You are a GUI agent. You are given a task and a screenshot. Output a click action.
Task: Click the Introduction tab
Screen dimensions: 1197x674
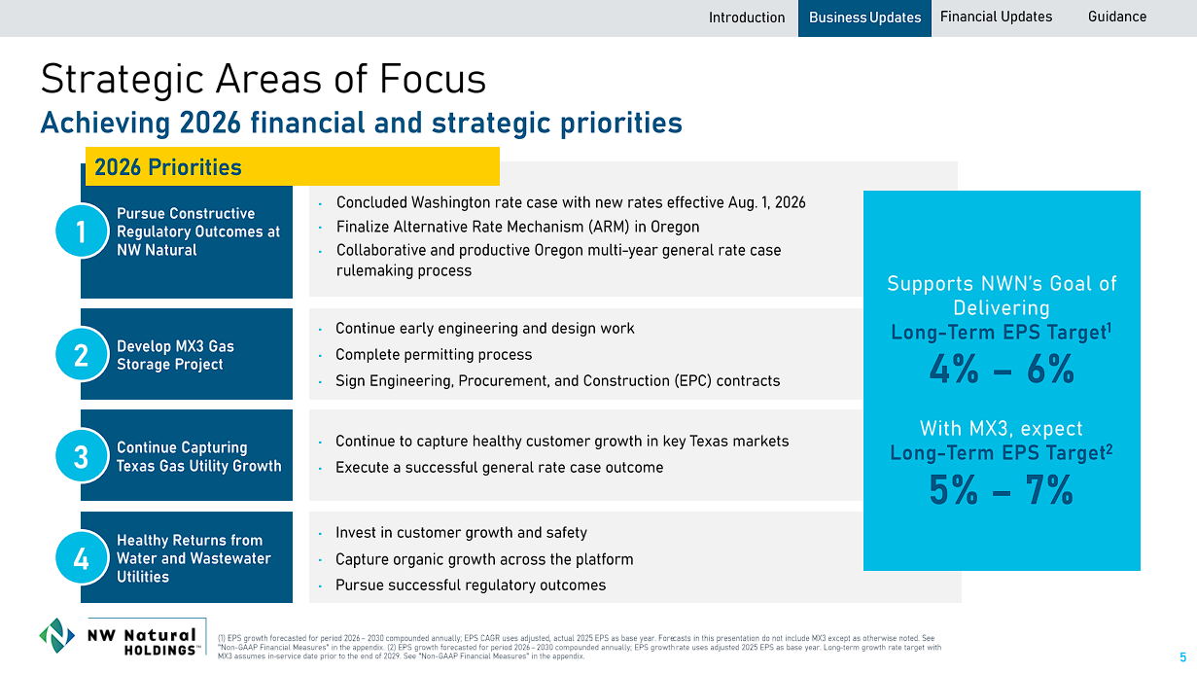click(747, 18)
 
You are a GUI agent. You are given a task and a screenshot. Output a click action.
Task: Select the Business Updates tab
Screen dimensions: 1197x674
click(864, 18)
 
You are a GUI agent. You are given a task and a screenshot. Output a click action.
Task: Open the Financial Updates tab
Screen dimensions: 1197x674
click(996, 18)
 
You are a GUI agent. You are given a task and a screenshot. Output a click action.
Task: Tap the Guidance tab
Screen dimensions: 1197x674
click(1117, 18)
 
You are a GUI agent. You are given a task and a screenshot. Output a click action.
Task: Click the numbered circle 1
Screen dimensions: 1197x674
click(82, 231)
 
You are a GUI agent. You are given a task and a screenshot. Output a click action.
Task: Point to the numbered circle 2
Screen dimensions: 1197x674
click(82, 354)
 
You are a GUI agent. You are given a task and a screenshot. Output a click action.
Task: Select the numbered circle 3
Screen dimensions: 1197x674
click(82, 456)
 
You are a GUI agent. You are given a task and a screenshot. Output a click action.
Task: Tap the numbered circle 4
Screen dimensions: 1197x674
click(82, 557)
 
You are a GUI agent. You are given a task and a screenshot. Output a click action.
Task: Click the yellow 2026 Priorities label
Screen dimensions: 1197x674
click(293, 166)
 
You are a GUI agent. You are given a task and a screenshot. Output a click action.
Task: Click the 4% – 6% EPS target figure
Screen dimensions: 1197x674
click(1002, 369)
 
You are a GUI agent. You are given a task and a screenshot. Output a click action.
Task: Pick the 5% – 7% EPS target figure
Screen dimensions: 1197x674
click(1001, 489)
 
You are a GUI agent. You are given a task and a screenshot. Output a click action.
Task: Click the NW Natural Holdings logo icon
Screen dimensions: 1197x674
click(56, 635)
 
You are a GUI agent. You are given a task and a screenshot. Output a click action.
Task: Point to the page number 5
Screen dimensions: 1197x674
click(1182, 657)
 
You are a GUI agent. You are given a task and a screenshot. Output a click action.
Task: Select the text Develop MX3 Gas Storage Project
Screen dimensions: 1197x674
click(175, 355)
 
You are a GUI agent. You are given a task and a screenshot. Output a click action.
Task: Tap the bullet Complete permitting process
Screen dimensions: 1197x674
click(434, 354)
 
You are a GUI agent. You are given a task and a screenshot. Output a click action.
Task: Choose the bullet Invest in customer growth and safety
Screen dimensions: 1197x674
click(461, 532)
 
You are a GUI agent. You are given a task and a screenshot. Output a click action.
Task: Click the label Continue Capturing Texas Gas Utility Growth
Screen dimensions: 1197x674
click(198, 456)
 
